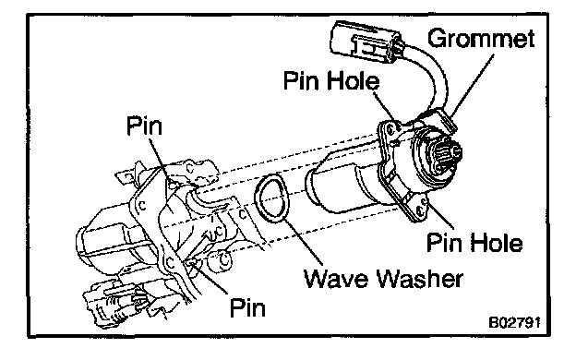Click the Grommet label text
click(481, 38)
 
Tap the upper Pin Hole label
click(331, 80)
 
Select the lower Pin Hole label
click(474, 243)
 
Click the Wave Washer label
click(383, 279)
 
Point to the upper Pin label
click(144, 126)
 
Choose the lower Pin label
click(247, 307)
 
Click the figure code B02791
click(514, 322)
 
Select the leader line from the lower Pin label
click(209, 278)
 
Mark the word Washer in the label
click(421, 279)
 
